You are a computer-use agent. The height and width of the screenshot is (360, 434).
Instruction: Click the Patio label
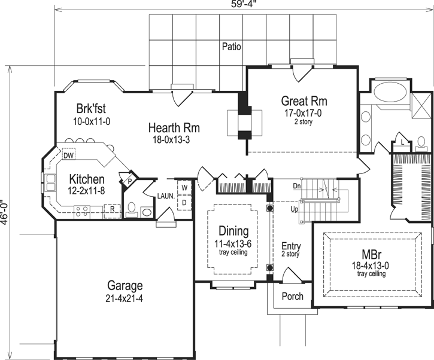coord(231,45)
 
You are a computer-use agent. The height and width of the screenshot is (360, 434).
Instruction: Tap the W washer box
coord(184,188)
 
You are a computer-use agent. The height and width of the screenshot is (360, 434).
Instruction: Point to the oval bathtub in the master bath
coord(391,94)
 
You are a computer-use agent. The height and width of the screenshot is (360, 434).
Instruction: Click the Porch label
coord(292,297)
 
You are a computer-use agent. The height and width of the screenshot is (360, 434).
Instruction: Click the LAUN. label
coord(165,195)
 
